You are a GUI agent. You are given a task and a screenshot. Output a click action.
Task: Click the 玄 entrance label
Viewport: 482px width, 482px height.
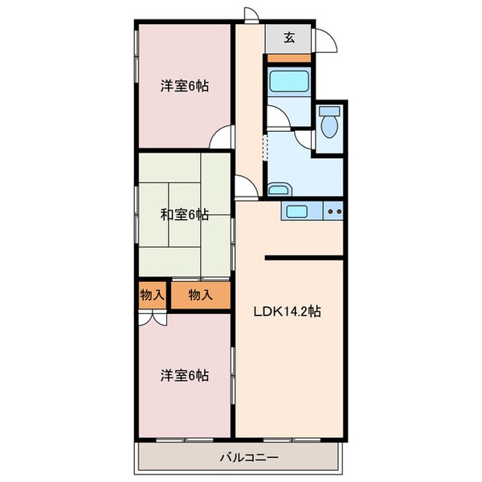pyautogui.click(x=289, y=36)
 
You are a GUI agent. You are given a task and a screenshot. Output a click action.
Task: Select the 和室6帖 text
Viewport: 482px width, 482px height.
pyautogui.click(x=184, y=214)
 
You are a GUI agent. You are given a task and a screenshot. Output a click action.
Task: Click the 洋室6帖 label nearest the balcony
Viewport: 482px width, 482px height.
pyautogui.click(x=184, y=375)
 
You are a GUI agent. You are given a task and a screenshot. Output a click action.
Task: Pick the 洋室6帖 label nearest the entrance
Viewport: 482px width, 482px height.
pyautogui.click(x=184, y=85)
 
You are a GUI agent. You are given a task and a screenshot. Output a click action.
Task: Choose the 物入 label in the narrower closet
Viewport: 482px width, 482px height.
pyautogui.click(x=152, y=295)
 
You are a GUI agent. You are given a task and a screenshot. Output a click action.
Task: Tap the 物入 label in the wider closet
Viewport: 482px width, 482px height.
pyautogui.click(x=200, y=295)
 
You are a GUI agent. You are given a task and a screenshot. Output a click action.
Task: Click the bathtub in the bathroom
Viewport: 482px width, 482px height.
pyautogui.click(x=288, y=82)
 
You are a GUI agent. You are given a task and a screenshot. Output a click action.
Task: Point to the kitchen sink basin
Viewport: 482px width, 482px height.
pyautogui.click(x=294, y=212)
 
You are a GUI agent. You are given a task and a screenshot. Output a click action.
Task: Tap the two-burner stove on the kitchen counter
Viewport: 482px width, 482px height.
pyautogui.click(x=334, y=212)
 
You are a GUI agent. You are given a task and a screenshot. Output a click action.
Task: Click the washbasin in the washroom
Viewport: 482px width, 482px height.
pyautogui.click(x=279, y=190)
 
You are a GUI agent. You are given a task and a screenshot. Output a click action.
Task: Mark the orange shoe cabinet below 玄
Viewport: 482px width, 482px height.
pyautogui.click(x=288, y=59)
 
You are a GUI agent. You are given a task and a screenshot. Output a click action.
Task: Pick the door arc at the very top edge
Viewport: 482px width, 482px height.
pyautogui.click(x=252, y=13)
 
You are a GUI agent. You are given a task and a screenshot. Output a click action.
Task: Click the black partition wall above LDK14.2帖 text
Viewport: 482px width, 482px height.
pyautogui.click(x=305, y=258)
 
